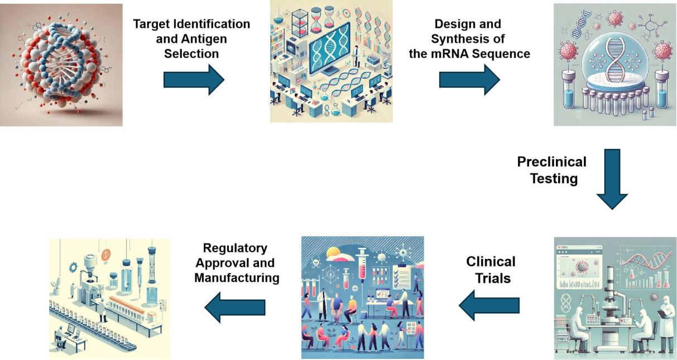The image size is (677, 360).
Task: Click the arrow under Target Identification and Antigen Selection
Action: pos(193,80)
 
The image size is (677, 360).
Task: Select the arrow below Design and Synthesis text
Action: pos(469,80)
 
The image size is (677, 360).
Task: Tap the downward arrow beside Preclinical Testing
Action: pos(612,179)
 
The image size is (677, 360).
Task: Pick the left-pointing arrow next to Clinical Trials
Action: pos(489,305)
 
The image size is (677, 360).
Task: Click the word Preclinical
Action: pos(551,162)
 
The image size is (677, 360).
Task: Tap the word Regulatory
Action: pos(235,248)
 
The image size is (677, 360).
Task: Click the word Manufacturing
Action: pos(237,277)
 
